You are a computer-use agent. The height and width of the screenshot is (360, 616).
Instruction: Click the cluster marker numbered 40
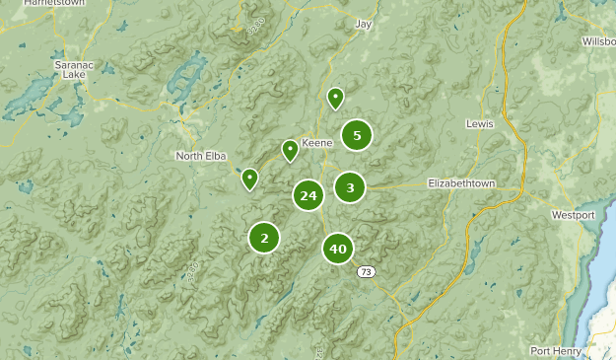pos(338,249)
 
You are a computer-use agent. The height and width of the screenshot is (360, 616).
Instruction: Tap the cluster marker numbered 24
pos(308,195)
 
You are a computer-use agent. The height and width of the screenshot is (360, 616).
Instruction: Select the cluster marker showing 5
pos(357,135)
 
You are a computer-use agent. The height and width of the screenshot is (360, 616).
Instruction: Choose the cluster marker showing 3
pos(350,186)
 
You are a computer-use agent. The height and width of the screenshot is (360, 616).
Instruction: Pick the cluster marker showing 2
pos(264,237)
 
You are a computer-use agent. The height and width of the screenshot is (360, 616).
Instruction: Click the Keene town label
pos(316,143)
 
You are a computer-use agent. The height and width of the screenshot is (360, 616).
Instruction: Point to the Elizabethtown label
pos(460,183)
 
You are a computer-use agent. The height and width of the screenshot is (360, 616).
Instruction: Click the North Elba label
pos(202,156)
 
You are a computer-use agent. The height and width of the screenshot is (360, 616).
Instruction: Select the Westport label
pos(573,214)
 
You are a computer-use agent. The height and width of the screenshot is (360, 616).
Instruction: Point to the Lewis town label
pos(478,124)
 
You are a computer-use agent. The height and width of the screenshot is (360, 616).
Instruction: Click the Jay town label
pos(364,23)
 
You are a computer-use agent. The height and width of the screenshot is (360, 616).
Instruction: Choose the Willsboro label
pos(598,41)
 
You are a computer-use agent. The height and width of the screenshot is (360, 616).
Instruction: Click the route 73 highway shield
pos(367,272)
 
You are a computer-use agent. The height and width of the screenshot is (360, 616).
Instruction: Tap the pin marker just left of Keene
pos(290,150)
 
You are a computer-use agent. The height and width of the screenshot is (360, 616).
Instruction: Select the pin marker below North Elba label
pos(250,179)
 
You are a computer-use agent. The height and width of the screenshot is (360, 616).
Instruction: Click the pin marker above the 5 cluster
pos(335,98)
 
